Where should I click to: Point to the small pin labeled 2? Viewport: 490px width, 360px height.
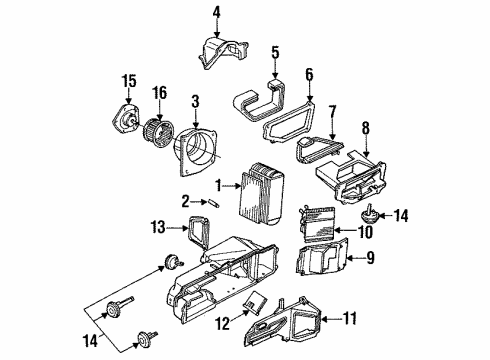[212, 203]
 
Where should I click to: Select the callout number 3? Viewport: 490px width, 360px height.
[196, 101]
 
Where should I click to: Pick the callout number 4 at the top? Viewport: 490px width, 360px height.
[216, 12]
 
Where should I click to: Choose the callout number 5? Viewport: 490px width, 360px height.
[274, 51]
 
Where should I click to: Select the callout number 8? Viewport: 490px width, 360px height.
[365, 127]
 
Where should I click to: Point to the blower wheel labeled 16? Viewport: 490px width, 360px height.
[156, 130]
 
